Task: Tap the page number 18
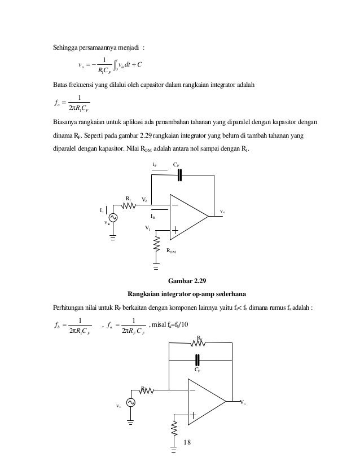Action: [187, 441]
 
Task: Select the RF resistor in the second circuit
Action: [200, 344]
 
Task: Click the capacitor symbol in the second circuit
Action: [197, 359]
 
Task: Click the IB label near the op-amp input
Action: [153, 216]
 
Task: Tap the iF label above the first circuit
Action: [156, 165]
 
